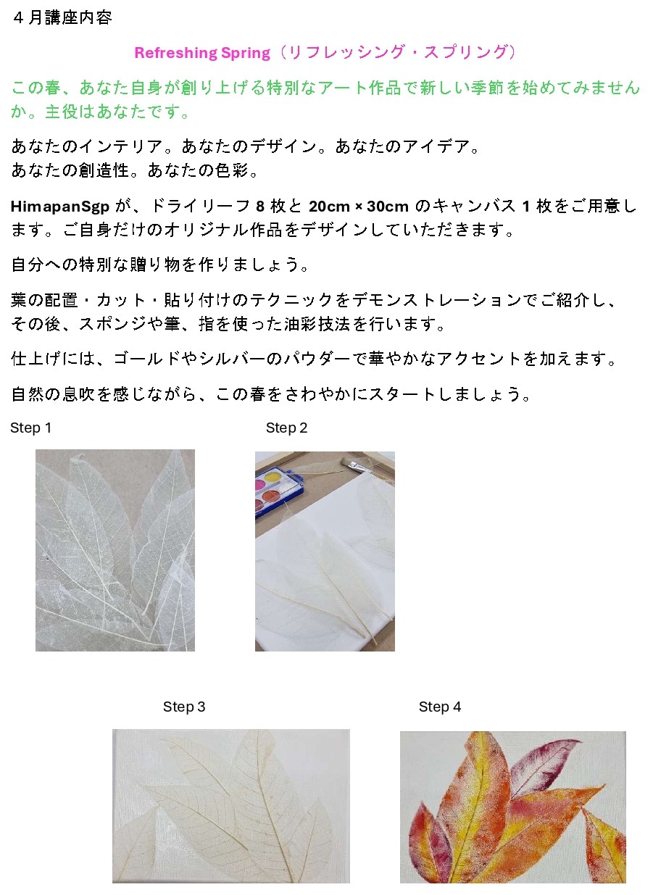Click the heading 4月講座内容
click(62, 18)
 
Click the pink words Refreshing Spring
click(202, 53)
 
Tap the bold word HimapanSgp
click(60, 207)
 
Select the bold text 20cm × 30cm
click(359, 206)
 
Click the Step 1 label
click(30, 428)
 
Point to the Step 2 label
click(286, 428)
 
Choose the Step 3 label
click(184, 707)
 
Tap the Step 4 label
click(440, 707)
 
